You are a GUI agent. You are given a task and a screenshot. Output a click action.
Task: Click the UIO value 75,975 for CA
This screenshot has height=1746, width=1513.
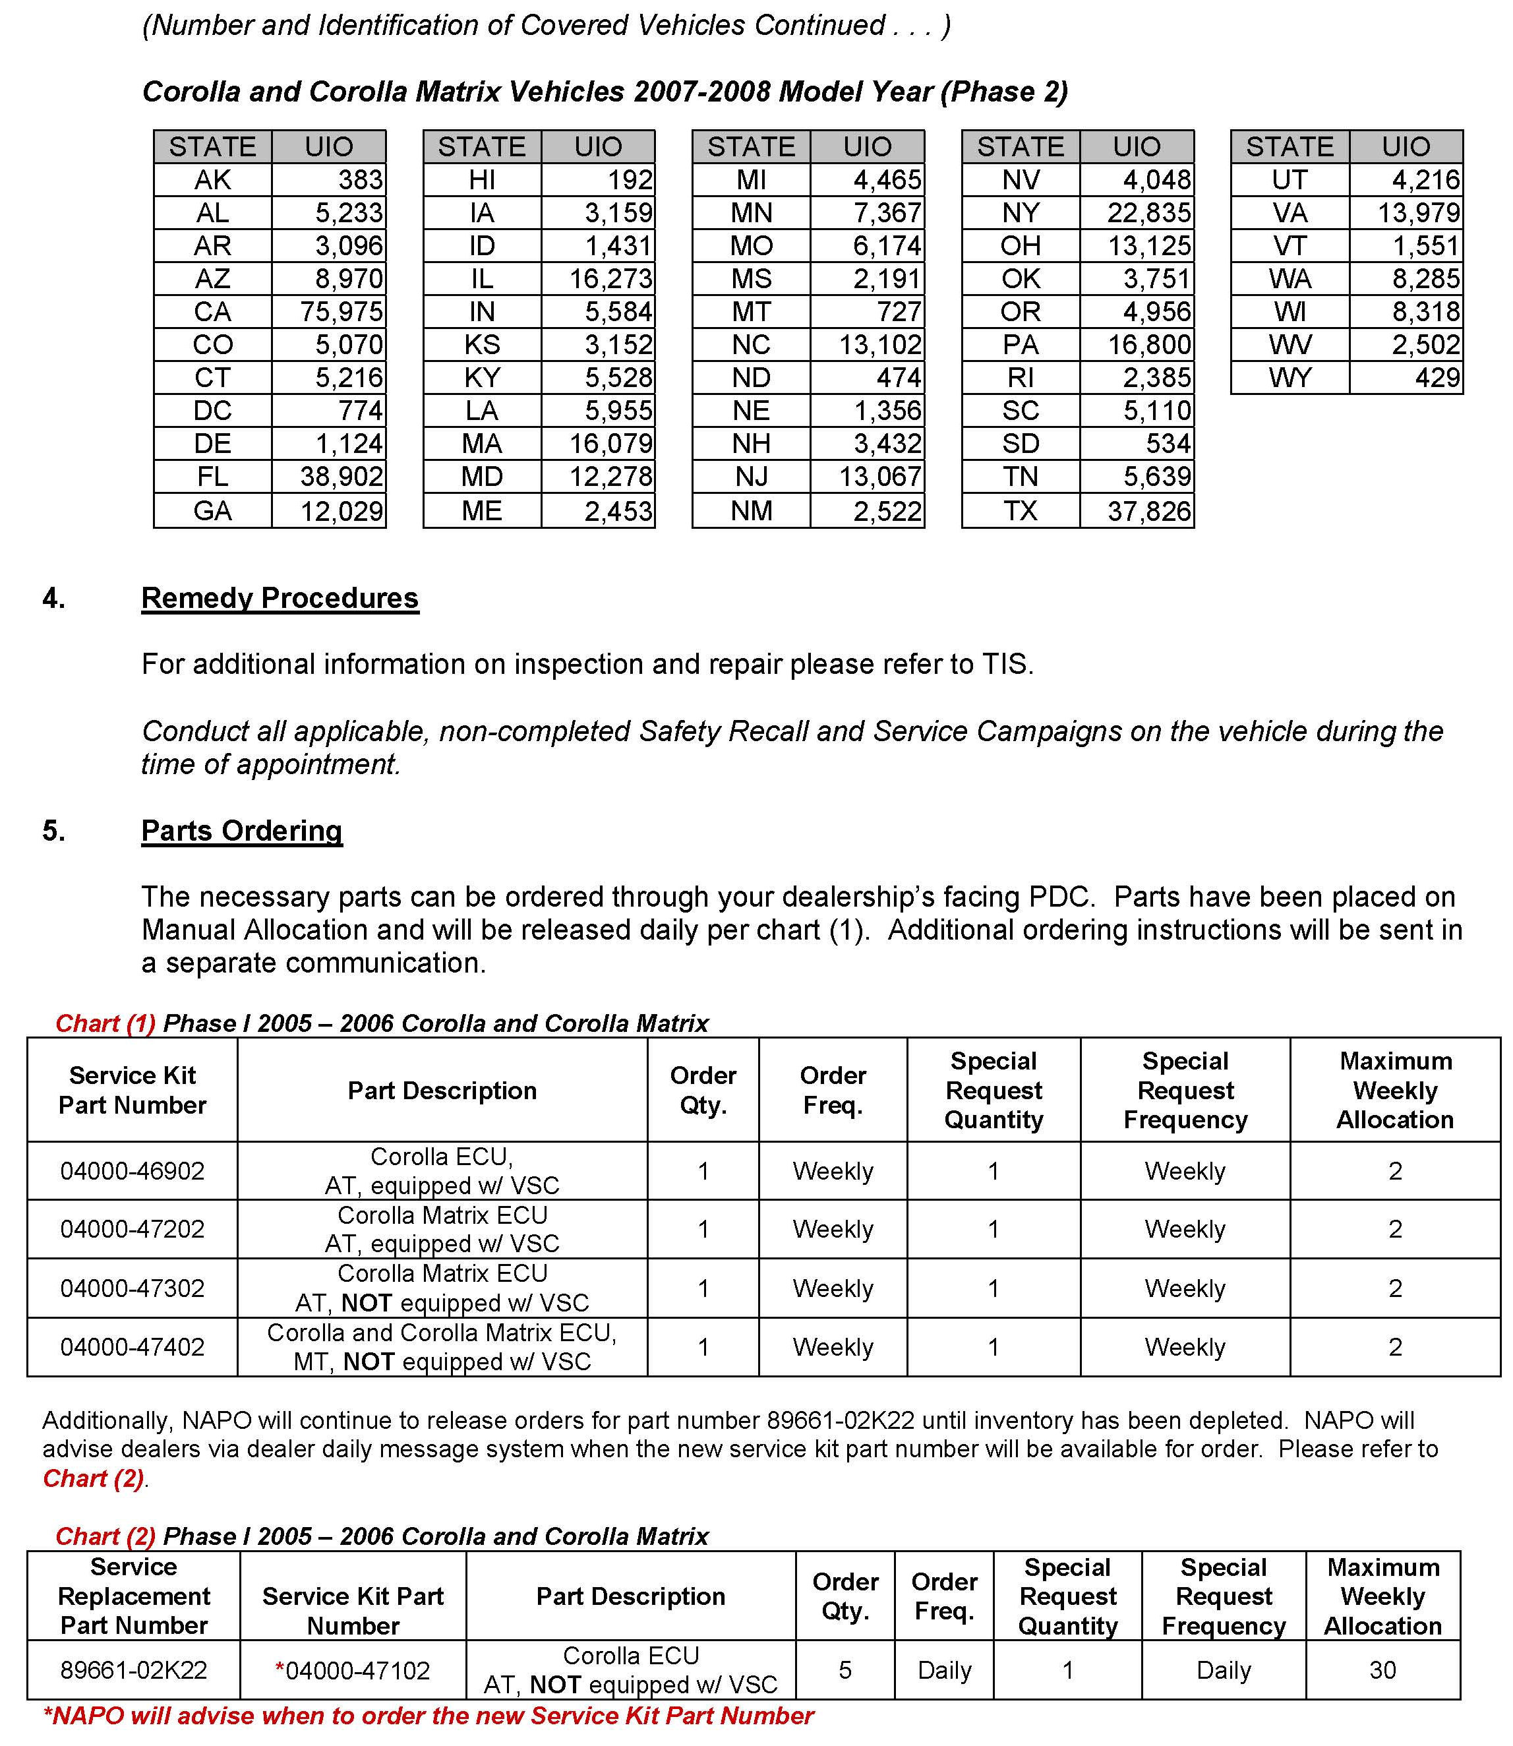[341, 311]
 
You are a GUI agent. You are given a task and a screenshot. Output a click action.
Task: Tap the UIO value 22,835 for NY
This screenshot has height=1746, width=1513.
[1149, 213]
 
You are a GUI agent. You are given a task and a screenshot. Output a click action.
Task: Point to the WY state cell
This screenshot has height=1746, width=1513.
[1290, 377]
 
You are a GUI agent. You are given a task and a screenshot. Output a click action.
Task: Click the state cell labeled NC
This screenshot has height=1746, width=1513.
[751, 344]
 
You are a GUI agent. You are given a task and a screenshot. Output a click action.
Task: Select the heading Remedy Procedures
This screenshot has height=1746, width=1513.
[280, 598]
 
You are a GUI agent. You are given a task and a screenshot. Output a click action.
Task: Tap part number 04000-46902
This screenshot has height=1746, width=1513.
[133, 1171]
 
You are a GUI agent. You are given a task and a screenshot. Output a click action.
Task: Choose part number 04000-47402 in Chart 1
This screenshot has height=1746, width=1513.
[133, 1346]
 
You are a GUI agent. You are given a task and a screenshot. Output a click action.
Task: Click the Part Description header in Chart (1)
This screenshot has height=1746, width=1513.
[442, 1091]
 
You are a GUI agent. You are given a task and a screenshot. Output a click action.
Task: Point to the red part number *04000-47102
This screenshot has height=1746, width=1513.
[353, 1670]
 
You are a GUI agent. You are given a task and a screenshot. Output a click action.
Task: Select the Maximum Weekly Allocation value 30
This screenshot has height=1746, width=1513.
[1382, 1670]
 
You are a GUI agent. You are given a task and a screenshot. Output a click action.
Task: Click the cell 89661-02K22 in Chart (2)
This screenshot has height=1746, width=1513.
[133, 1670]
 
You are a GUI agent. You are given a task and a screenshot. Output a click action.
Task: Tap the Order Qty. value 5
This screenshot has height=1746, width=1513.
[845, 1670]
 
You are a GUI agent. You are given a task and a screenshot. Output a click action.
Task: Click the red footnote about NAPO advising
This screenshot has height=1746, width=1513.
[428, 1716]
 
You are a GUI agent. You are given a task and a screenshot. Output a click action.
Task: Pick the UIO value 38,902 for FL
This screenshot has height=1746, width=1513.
[341, 477]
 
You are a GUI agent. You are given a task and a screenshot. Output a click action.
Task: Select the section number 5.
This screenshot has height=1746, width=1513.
[53, 831]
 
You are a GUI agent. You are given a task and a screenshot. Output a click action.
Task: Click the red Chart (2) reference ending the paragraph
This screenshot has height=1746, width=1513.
[94, 1479]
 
